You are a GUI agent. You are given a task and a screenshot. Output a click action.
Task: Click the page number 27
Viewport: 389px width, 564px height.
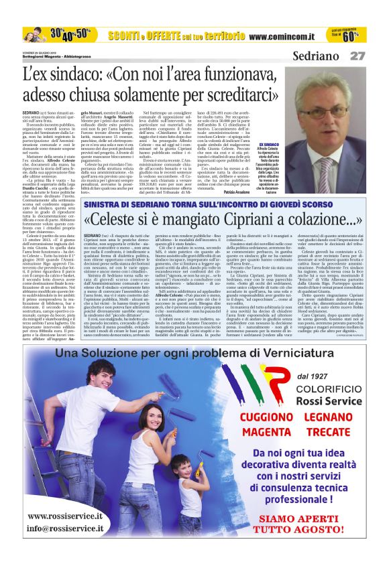(358, 57)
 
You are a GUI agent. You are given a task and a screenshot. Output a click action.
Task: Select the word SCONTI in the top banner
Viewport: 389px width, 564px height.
(127, 34)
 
